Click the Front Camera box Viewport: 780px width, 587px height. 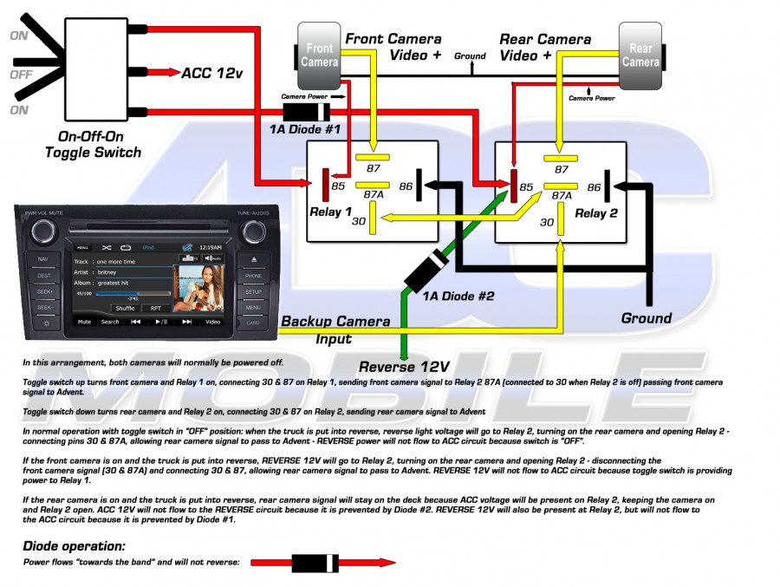point(320,55)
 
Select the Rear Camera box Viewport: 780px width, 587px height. point(640,55)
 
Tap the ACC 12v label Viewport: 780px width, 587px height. point(211,72)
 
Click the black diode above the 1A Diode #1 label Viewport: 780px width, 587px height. point(306,112)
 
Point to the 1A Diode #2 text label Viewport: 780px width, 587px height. point(458,297)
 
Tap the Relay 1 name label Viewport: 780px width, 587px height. point(330,212)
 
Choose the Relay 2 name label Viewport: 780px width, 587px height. point(596,213)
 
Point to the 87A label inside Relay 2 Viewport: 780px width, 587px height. point(562,196)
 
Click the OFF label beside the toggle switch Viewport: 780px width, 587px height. point(20,74)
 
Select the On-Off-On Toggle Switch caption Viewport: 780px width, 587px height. point(93,145)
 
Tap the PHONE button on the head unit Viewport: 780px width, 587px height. point(253,277)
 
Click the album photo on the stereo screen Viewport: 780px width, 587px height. point(198,287)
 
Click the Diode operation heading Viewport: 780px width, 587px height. point(74,546)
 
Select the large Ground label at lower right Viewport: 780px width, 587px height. point(646,318)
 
